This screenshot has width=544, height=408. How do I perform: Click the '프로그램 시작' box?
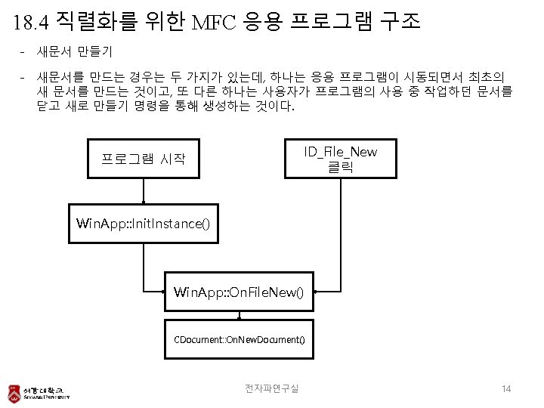[144, 159]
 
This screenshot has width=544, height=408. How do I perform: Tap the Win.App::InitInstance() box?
[143, 224]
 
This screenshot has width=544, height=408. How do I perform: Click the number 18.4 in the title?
[32, 22]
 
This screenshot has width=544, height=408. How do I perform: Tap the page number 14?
[506, 388]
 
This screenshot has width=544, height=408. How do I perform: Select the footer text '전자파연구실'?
[272, 388]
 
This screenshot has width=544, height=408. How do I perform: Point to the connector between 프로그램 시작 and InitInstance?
[144, 191]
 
